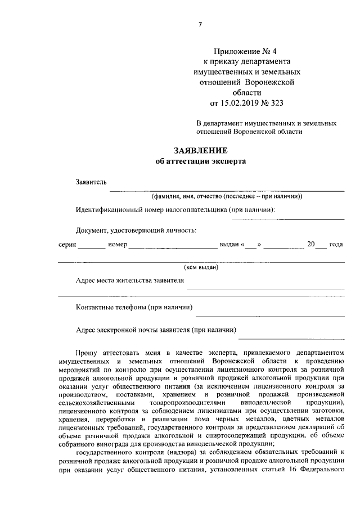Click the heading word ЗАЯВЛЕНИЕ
[x=200, y=151]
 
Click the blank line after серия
[x=91, y=247]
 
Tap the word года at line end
[x=336, y=245]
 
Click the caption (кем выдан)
[x=201, y=267]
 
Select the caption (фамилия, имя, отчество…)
[x=227, y=196]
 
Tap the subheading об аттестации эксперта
[x=200, y=161]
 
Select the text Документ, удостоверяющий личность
[x=136, y=229]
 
